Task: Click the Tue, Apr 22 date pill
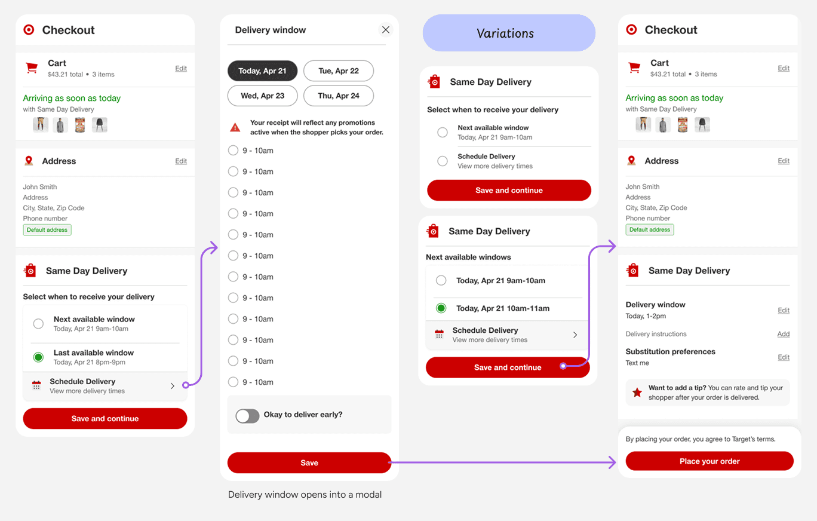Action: click(x=339, y=71)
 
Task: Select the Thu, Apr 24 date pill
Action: click(x=339, y=96)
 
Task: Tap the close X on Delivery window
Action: click(x=386, y=29)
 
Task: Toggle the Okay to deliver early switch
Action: click(x=247, y=415)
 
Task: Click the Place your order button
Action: click(x=709, y=461)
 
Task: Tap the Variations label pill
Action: click(x=509, y=33)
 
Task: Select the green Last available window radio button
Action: click(x=38, y=357)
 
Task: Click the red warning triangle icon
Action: click(x=235, y=127)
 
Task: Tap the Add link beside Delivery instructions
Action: click(x=783, y=334)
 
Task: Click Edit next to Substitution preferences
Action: click(x=784, y=357)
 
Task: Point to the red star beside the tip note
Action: click(x=637, y=392)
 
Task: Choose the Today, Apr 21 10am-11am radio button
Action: click(x=441, y=308)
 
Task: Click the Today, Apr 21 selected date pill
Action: click(x=262, y=71)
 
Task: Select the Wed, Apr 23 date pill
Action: click(x=262, y=96)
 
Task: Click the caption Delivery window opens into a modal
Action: click(x=305, y=494)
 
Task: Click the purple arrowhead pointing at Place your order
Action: click(x=612, y=462)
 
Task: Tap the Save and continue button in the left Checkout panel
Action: click(x=105, y=418)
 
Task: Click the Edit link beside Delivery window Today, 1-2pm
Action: click(x=784, y=310)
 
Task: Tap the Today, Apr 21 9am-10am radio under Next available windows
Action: click(x=441, y=280)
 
